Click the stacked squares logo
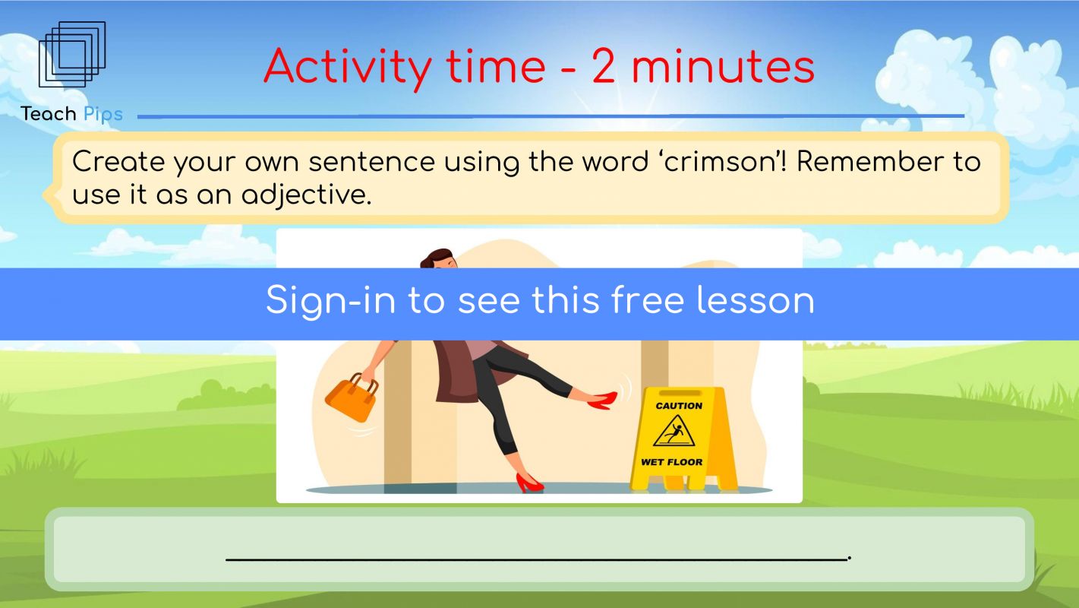[72, 54]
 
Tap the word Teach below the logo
[48, 114]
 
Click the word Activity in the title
[347, 67]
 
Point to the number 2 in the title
[604, 65]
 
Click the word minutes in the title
[723, 67]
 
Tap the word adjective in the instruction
[306, 196]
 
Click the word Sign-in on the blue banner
[331, 301]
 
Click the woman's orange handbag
[352, 397]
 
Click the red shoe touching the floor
[529, 483]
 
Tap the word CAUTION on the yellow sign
[679, 406]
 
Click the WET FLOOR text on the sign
[671, 462]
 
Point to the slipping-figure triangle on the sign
[674, 431]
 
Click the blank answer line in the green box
[537, 559]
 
